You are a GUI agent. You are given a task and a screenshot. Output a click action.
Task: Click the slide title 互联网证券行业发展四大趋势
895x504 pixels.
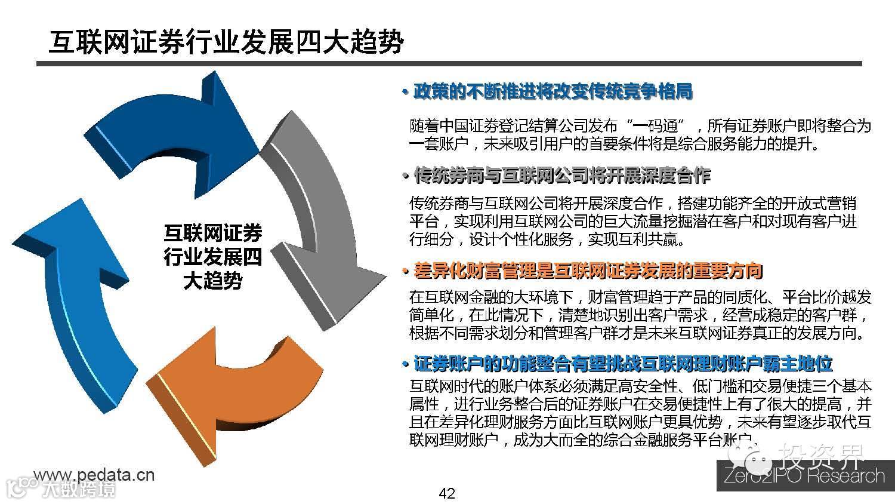[x=226, y=41]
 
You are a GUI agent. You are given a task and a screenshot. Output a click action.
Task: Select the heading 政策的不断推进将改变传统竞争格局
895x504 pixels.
[x=553, y=92]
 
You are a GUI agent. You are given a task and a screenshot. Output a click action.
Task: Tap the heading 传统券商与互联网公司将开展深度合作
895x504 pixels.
[x=562, y=176]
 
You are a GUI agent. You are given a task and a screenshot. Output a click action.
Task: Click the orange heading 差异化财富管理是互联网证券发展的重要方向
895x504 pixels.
[x=588, y=271]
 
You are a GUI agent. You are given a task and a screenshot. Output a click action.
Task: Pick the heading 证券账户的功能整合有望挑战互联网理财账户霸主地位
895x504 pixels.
[x=623, y=363]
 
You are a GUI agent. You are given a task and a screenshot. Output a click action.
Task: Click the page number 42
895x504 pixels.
[x=446, y=493]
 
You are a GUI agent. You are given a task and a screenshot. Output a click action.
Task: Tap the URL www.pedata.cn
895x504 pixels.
[x=94, y=475]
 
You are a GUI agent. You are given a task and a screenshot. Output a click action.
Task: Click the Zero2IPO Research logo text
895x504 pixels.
[x=804, y=476]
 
